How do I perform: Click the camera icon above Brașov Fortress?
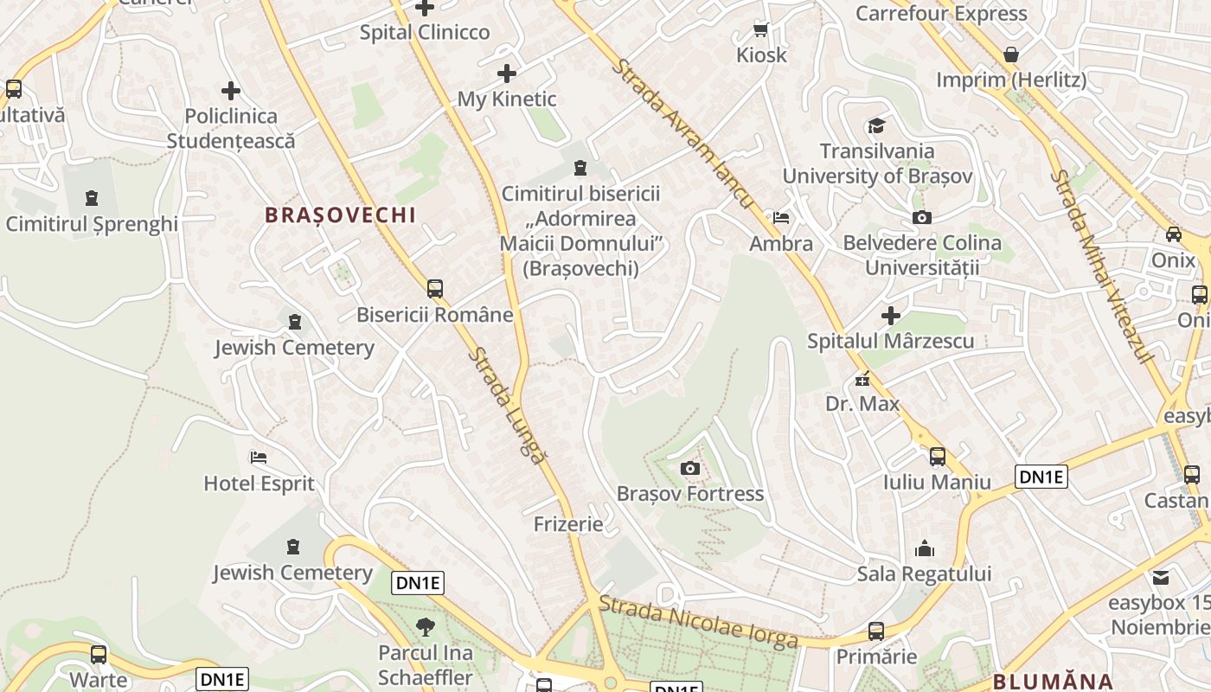point(689,469)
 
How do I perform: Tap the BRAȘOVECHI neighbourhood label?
point(341,215)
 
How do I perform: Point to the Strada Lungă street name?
point(509,406)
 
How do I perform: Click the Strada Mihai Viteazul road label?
point(1104,266)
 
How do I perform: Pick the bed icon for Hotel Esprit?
point(259,458)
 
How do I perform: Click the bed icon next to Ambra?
point(781,218)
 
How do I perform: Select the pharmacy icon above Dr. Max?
point(862,379)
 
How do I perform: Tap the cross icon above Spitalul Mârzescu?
point(890,316)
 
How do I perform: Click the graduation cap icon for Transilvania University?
point(877,126)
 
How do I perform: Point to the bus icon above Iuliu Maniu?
point(938,457)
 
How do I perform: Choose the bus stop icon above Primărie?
point(876,631)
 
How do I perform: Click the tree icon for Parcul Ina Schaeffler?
point(425,627)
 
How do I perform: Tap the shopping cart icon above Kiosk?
point(761,30)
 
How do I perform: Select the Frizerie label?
point(568,524)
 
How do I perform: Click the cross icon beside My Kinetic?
point(507,74)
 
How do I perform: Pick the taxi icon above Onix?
point(1174,234)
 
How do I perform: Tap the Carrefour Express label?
point(941,13)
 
